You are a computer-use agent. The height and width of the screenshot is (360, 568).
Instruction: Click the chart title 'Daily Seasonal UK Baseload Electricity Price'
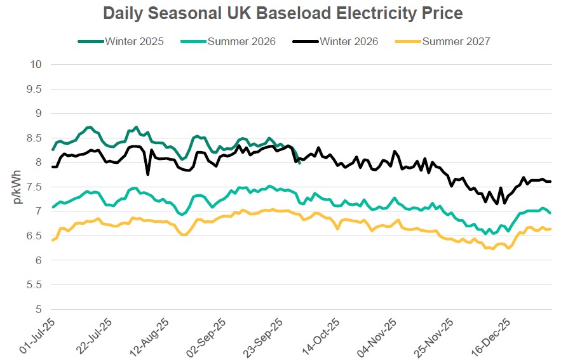283,13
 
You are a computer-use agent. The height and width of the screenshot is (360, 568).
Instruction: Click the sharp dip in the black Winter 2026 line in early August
148,174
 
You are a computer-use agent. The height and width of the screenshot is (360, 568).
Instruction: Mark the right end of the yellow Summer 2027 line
550,229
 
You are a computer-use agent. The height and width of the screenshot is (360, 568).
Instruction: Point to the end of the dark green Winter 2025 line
300,163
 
